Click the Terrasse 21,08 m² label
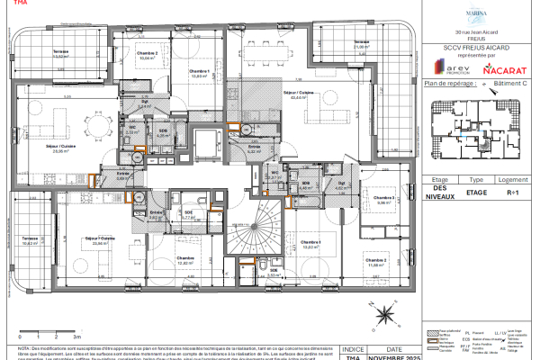coord(362,44)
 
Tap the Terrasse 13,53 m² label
coord(63,55)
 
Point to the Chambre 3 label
coord(385,200)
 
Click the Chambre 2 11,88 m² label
coord(376,262)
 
